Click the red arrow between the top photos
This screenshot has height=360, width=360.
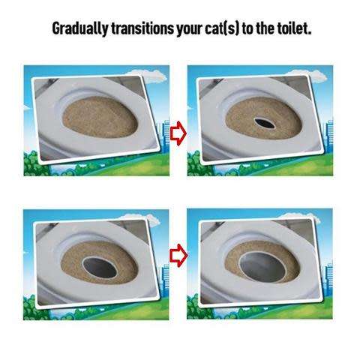pos(178,134)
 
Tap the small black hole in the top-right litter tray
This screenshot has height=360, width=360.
pos(264,120)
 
